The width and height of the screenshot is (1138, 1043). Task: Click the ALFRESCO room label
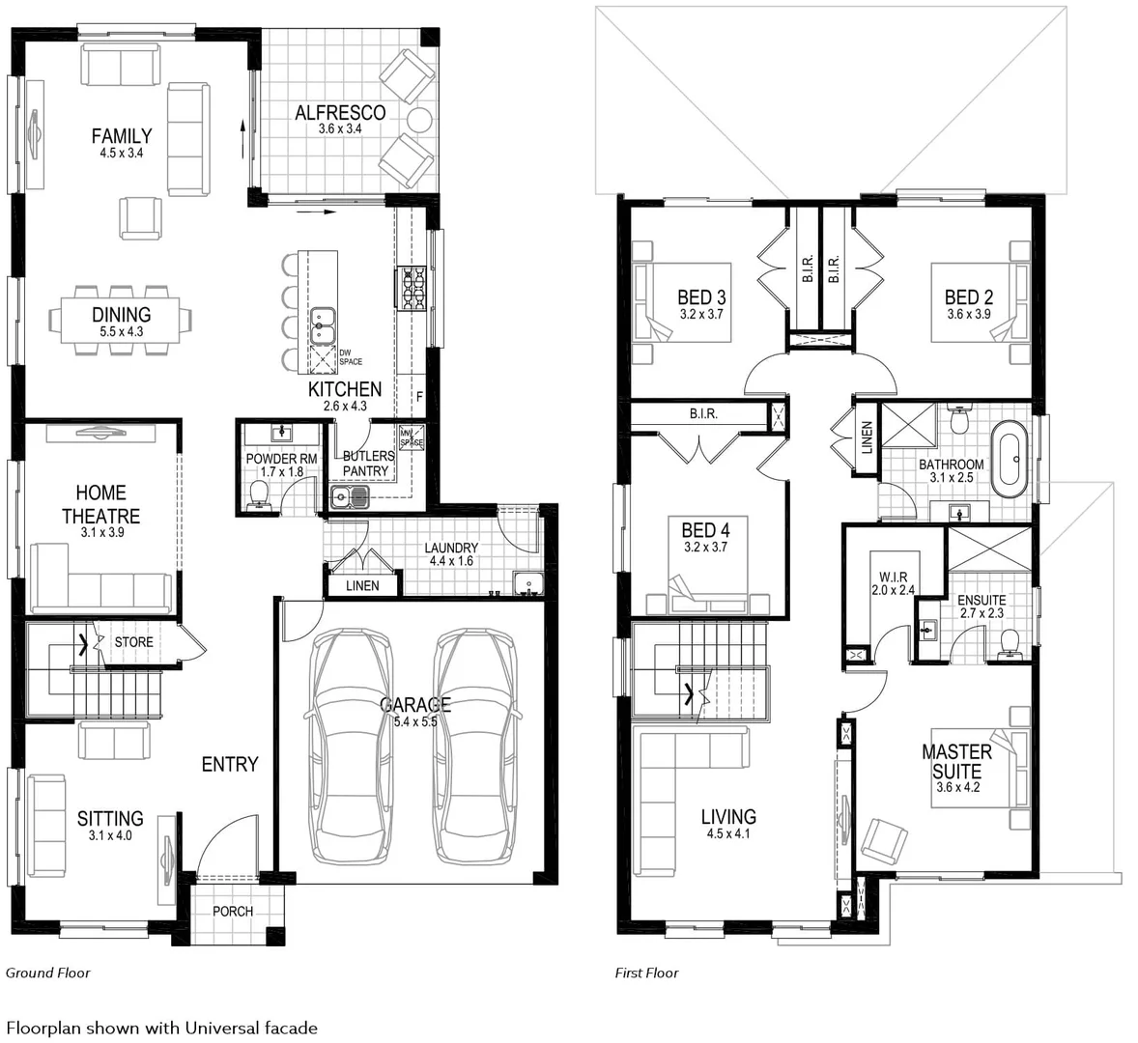click(x=340, y=112)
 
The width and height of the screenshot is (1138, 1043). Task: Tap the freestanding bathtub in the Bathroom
click(x=1010, y=459)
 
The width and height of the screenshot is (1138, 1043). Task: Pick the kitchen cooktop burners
click(x=413, y=289)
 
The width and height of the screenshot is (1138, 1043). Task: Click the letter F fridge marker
click(x=418, y=397)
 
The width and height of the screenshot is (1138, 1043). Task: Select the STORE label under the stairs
click(x=133, y=642)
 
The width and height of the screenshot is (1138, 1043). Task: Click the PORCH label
click(x=233, y=911)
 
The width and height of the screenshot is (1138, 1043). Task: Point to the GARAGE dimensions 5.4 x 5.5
click(x=415, y=721)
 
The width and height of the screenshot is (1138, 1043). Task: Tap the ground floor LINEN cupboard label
click(x=362, y=585)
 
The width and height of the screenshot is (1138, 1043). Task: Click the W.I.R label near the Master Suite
click(x=893, y=578)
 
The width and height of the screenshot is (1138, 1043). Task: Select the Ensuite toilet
click(x=1009, y=643)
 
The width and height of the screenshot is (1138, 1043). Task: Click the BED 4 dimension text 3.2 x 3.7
click(x=705, y=547)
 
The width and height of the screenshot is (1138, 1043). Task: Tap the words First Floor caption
click(x=646, y=973)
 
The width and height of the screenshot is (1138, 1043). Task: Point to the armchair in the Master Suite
click(x=884, y=842)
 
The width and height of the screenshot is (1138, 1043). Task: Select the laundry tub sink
click(x=527, y=584)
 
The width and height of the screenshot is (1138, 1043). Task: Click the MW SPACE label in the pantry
click(x=411, y=437)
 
